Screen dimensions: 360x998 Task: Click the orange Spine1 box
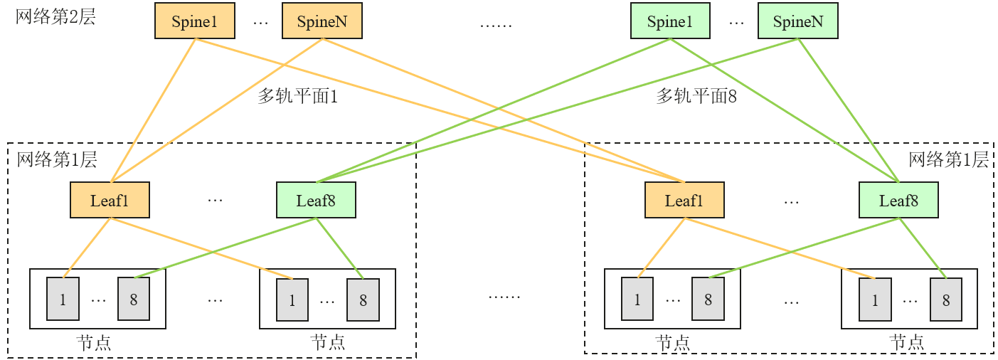coord(194,21)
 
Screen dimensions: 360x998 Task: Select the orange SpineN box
coord(322,21)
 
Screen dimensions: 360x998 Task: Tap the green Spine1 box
coord(670,21)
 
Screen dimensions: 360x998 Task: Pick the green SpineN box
coord(797,21)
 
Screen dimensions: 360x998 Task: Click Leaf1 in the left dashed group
coord(110,200)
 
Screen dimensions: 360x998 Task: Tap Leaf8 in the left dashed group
coord(316,200)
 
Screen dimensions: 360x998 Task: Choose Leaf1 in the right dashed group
coord(684,200)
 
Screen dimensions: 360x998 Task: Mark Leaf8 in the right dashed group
coord(898,200)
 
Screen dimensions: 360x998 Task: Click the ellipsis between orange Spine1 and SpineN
coord(260,23)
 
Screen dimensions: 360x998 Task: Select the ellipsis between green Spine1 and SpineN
coord(736,23)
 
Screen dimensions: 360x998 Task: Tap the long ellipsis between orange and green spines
coord(496,25)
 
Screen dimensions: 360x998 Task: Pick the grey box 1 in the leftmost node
coord(63,299)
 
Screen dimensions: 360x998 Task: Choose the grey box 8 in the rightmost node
coord(946,299)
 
